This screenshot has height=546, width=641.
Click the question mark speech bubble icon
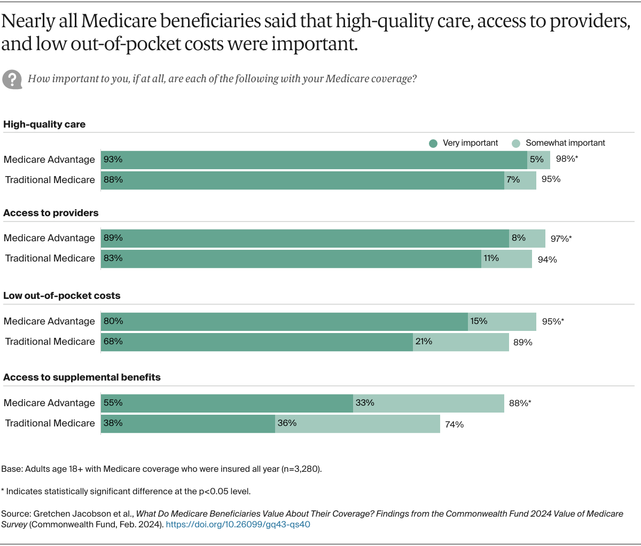tap(12, 79)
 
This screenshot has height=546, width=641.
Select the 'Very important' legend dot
tap(433, 143)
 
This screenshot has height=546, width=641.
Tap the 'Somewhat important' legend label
tap(565, 143)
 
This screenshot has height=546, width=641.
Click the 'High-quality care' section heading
tap(44, 124)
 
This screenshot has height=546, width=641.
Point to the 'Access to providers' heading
tap(51, 213)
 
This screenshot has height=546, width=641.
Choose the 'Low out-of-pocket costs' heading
tap(62, 296)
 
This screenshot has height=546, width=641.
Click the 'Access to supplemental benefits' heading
tap(82, 377)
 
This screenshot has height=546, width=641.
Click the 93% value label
tap(113, 159)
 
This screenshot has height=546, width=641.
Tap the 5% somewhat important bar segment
tap(538, 160)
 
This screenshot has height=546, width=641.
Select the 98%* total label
tap(567, 159)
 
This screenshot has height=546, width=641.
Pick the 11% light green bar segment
tap(506, 259)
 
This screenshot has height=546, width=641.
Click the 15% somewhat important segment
tap(502, 321)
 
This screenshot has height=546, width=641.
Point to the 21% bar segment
tap(460, 342)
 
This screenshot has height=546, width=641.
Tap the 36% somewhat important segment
tap(357, 423)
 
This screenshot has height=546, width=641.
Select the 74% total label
tap(454, 424)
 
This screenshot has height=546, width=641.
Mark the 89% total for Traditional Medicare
tap(522, 343)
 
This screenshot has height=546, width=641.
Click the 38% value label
tap(113, 423)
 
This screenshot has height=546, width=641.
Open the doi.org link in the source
tap(238, 524)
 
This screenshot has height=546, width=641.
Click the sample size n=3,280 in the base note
tap(301, 469)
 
